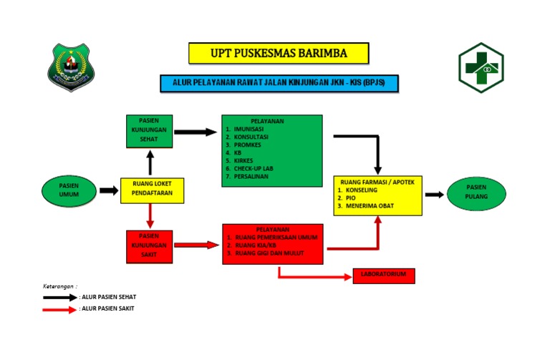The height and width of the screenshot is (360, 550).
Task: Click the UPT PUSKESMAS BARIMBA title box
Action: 279,53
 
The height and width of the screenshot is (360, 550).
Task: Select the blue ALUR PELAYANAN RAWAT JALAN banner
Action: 279,84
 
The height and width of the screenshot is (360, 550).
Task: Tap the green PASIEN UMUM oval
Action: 69,190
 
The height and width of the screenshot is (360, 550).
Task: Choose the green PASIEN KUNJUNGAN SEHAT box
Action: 149,131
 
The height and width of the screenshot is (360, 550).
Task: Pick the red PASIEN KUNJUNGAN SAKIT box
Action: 149,245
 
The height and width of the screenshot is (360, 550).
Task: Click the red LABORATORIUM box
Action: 384,276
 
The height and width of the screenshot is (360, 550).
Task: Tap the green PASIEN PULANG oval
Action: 476,194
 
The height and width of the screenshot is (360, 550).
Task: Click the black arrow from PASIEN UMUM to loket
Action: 109,190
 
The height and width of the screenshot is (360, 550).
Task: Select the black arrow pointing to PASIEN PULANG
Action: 434,194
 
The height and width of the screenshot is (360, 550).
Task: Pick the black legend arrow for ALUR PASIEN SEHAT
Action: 60,296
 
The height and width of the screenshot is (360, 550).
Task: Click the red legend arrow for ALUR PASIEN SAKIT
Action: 60,309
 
